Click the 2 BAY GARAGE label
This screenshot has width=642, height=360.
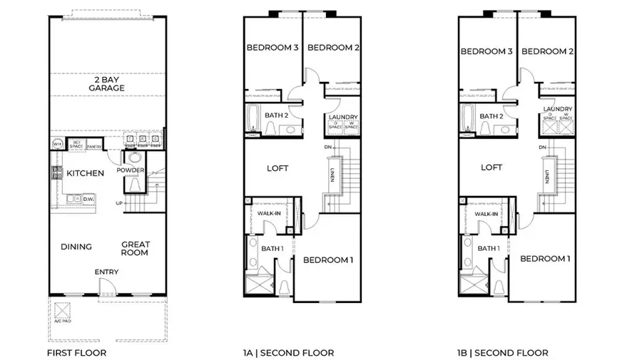click(107, 83)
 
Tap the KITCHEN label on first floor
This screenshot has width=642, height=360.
click(86, 173)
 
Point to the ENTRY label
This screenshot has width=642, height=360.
click(106, 272)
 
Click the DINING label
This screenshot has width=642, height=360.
click(76, 247)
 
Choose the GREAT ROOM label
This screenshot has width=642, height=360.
click(134, 248)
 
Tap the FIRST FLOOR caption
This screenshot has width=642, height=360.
click(76, 352)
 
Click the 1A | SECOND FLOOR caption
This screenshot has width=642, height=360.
click(287, 352)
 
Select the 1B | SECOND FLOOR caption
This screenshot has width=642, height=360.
click(502, 352)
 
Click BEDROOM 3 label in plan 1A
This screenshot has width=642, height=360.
click(272, 48)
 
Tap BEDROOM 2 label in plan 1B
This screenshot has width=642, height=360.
click(547, 51)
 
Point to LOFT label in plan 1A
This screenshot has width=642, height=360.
click(277, 168)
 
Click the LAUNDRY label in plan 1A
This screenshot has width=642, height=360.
click(342, 117)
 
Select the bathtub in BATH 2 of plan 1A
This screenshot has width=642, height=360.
click(253, 118)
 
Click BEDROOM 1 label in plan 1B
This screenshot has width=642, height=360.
click(545, 258)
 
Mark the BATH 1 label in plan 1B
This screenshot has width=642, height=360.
click(488, 248)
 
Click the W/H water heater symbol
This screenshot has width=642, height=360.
click(58, 143)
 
